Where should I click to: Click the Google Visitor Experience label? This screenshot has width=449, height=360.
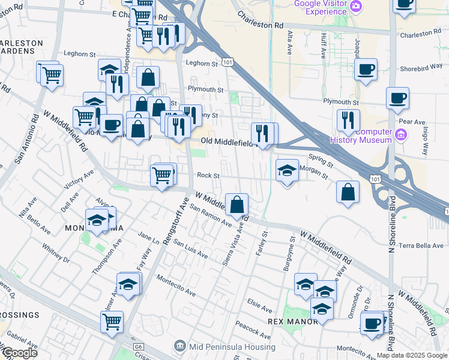pyautogui.click(x=320, y=8)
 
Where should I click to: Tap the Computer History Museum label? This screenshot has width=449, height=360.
pyautogui.click(x=361, y=136)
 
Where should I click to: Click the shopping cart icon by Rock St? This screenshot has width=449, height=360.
pyautogui.click(x=161, y=175)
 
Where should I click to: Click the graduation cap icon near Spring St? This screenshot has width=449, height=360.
pyautogui.click(x=287, y=170)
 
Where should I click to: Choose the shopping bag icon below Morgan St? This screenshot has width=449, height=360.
pyautogui.click(x=348, y=192)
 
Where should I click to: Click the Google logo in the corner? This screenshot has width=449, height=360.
pyautogui.click(x=20, y=353)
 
